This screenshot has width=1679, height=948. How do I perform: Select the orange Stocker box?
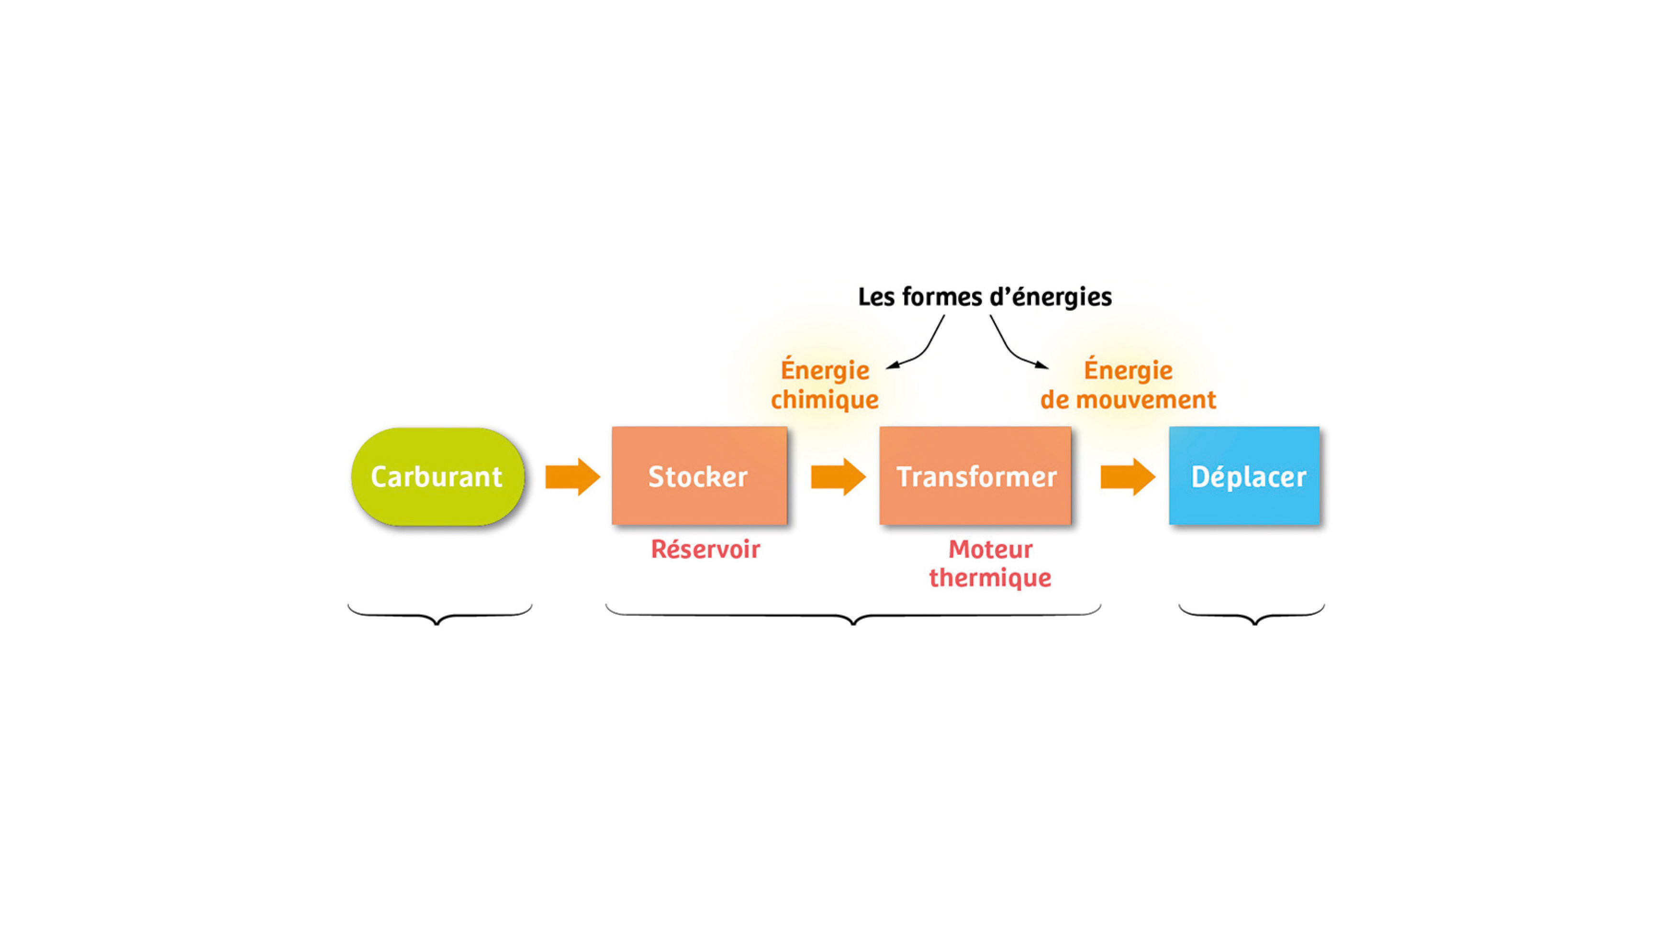click(699, 476)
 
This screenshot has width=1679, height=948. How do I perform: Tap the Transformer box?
click(975, 476)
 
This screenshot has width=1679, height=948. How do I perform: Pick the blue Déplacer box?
click(1244, 476)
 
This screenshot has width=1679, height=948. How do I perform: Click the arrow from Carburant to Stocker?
click(571, 476)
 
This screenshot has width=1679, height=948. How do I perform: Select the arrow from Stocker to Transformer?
click(838, 476)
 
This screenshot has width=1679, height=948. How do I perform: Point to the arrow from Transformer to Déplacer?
click(1127, 476)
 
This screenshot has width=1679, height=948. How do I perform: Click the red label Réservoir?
click(705, 549)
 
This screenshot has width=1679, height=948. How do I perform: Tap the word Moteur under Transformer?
click(990, 549)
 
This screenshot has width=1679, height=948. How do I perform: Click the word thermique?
click(990, 577)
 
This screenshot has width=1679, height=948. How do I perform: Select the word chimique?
click(825, 399)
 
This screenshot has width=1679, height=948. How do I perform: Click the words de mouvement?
click(1128, 399)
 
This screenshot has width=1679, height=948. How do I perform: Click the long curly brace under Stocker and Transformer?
click(853, 616)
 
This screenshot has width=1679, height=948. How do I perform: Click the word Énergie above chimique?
click(825, 370)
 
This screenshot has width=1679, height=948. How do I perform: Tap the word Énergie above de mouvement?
click(1128, 370)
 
